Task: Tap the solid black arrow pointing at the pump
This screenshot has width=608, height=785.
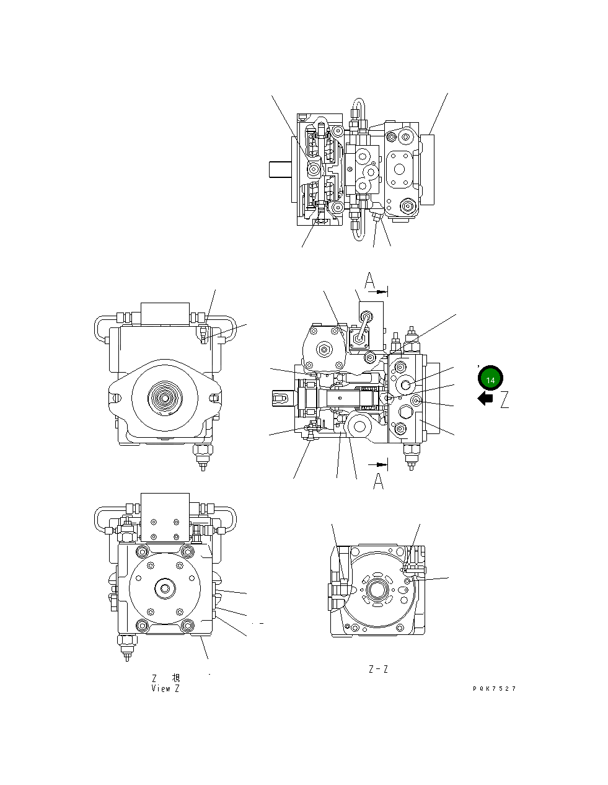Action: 485,399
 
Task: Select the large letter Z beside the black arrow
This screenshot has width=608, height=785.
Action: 504,400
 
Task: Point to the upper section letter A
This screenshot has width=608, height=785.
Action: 370,282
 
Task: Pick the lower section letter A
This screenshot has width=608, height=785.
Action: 378,481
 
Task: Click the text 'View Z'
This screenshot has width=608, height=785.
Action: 165,688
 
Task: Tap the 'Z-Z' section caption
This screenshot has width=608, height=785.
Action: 378,669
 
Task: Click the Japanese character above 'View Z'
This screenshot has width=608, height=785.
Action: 175,678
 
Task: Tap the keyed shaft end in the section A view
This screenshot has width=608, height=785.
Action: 284,396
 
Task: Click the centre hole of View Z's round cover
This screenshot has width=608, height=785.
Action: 165,588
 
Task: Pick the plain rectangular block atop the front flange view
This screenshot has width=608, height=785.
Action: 165,313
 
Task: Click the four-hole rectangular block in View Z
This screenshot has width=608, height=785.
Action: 165,517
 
